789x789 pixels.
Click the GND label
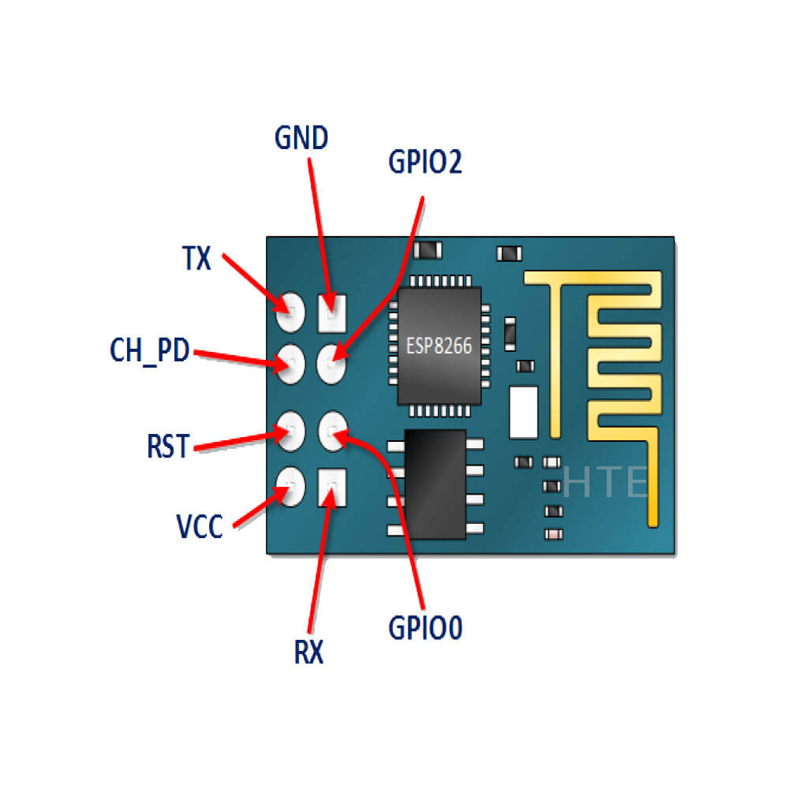301,138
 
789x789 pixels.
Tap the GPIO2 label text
424,162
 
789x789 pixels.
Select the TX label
196,258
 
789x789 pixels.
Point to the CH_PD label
149,350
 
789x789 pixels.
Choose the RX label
308,653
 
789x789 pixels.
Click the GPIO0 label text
424,629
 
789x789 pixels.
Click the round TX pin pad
290,312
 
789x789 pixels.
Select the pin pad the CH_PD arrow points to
290,361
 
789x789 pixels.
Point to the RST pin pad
290,428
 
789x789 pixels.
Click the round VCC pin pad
290,486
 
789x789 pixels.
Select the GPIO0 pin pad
332,430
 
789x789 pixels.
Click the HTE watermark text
606,483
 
